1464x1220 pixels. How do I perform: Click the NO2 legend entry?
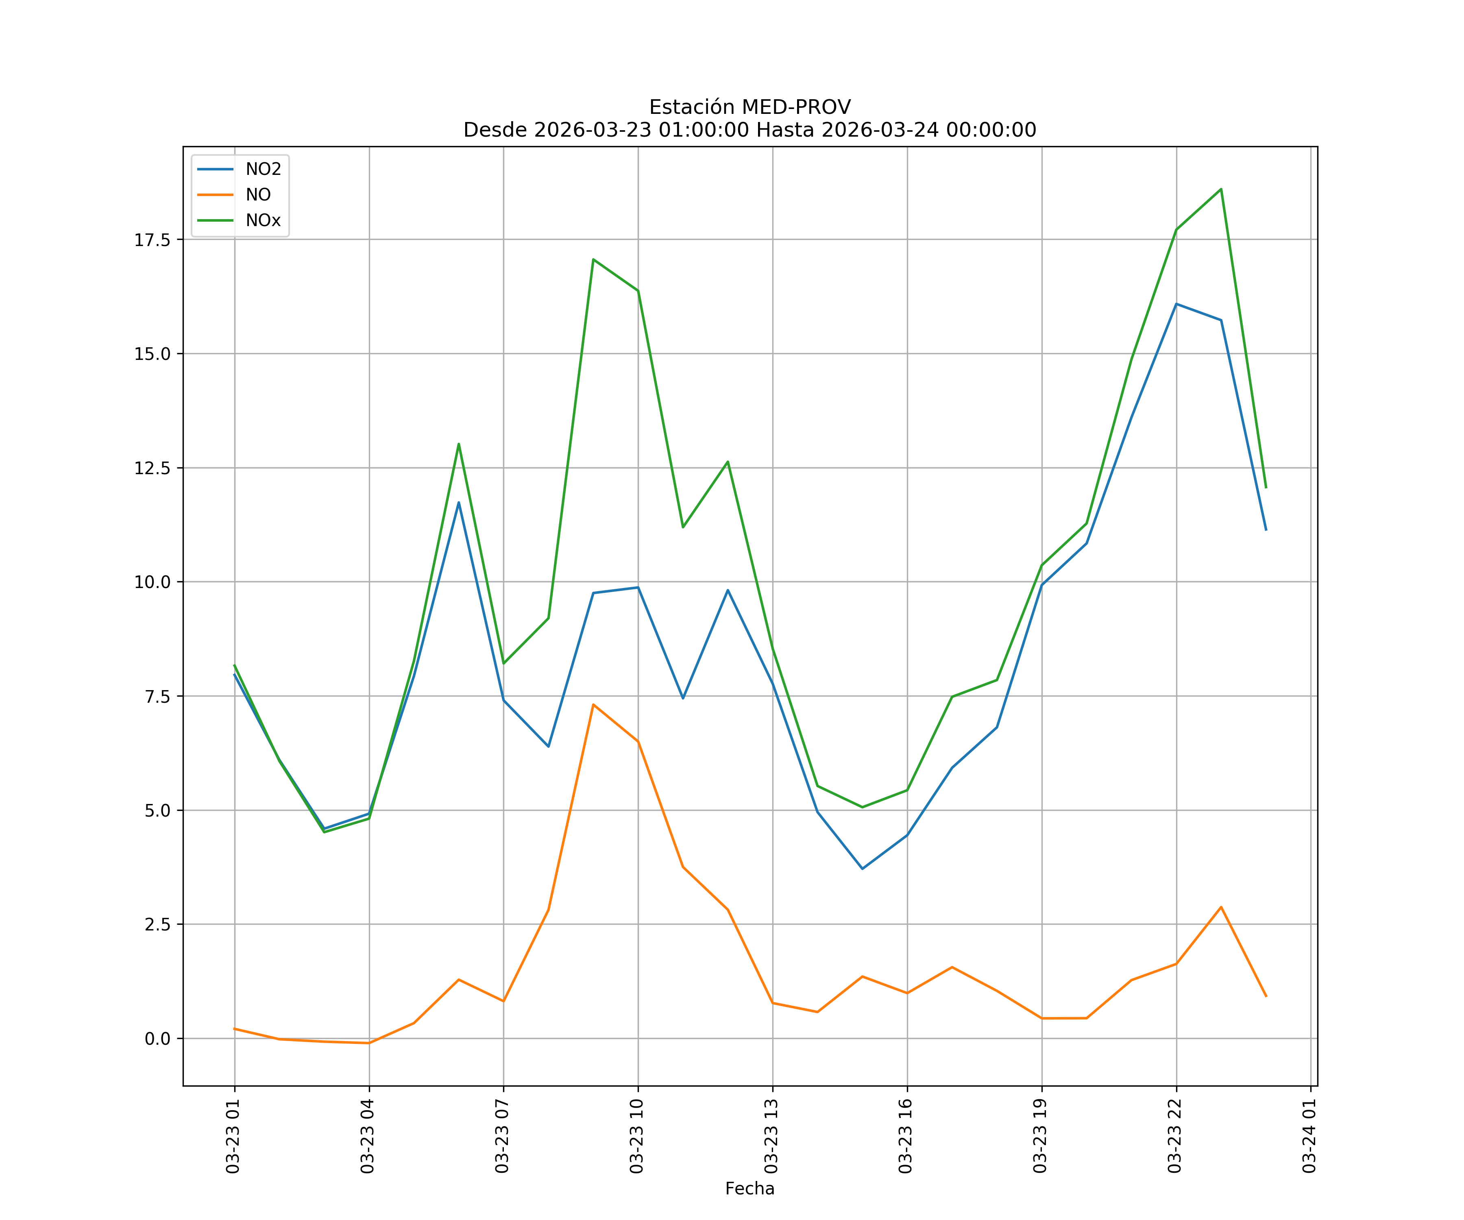click(x=263, y=170)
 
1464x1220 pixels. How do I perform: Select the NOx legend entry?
click(x=263, y=220)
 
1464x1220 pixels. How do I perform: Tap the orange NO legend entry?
click(x=258, y=195)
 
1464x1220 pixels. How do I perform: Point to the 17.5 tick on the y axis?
click(x=152, y=240)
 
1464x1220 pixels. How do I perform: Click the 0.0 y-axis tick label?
click(x=157, y=1039)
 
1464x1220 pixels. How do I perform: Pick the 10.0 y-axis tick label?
click(x=152, y=582)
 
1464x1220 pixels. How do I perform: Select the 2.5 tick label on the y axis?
click(x=157, y=924)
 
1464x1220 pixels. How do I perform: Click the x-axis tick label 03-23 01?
click(x=233, y=1136)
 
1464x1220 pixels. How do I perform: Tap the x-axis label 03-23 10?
click(x=636, y=1136)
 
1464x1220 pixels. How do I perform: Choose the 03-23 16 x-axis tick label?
click(x=906, y=1136)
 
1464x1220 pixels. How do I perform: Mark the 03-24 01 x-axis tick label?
click(x=1309, y=1136)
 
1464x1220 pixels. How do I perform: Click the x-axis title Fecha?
click(x=749, y=1189)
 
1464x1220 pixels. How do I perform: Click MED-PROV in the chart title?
click(x=796, y=107)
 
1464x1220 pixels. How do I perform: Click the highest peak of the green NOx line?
click(x=1221, y=189)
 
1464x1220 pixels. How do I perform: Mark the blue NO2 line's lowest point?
click(x=863, y=869)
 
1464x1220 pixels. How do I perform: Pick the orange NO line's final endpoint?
click(x=1266, y=996)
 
